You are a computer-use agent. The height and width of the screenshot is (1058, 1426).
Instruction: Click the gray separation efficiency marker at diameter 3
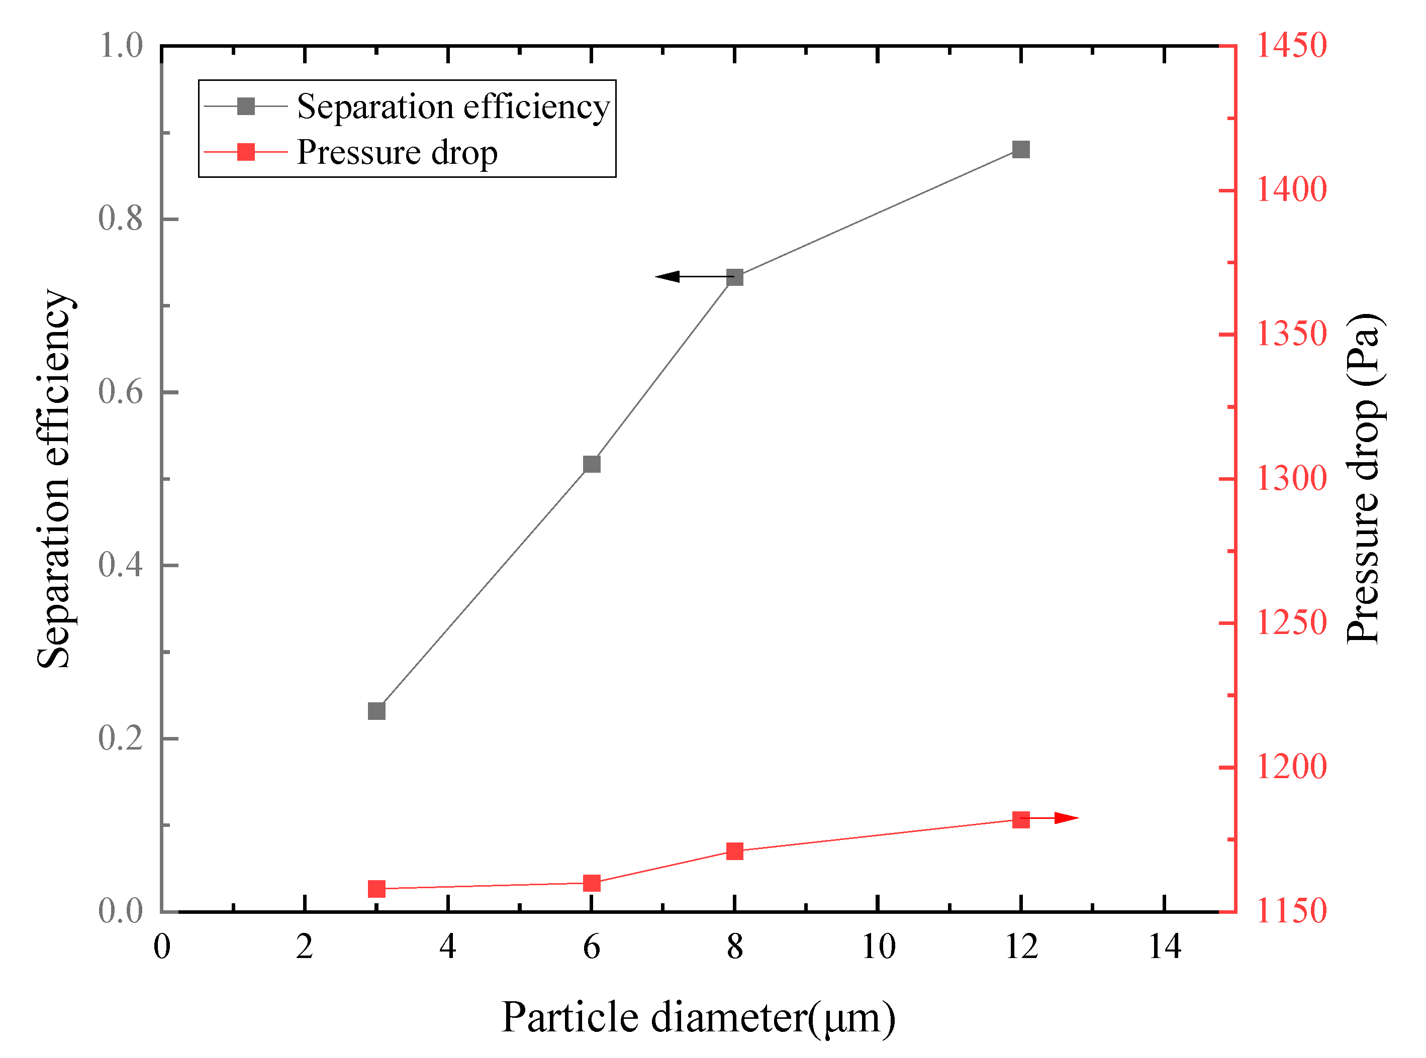pyautogui.click(x=376, y=711)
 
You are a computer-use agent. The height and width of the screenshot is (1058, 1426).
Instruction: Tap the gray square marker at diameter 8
pyautogui.click(x=735, y=277)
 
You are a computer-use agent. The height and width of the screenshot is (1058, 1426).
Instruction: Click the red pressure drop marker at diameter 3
pyautogui.click(x=376, y=889)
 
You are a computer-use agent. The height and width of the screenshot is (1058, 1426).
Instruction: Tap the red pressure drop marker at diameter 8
pyautogui.click(x=735, y=851)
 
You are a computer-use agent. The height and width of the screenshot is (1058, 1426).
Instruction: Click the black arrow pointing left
pyautogui.click(x=670, y=277)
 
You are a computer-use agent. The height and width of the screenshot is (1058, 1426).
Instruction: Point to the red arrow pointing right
pyautogui.click(x=1065, y=818)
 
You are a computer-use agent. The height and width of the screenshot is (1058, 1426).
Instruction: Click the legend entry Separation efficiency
pyautogui.click(x=452, y=107)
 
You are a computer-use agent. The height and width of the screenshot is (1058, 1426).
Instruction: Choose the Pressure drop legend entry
pyautogui.click(x=397, y=152)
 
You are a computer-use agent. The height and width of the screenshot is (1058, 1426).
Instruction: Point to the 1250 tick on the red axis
pyautogui.click(x=1291, y=622)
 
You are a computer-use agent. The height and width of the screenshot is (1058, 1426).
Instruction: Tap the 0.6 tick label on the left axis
pyautogui.click(x=121, y=391)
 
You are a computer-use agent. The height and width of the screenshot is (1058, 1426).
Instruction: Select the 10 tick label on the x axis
pyautogui.click(x=878, y=947)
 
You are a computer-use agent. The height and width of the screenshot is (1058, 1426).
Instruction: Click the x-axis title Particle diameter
pyautogui.click(x=698, y=1018)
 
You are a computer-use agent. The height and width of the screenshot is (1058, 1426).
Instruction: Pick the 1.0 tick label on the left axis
pyautogui.click(x=121, y=46)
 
